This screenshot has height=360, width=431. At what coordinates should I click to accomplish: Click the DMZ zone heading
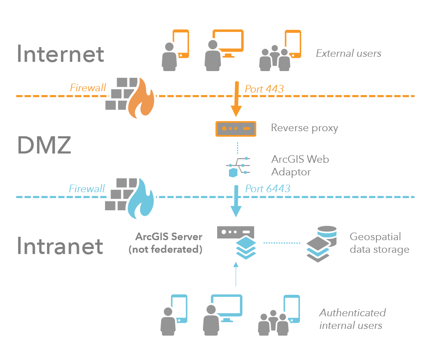click(x=44, y=146)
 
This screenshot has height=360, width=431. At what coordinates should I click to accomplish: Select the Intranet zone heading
click(x=60, y=246)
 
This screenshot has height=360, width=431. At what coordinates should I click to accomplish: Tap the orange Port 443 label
click(x=264, y=89)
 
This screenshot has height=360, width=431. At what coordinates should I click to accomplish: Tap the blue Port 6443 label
click(x=268, y=188)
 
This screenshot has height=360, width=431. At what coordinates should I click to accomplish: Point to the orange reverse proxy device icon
click(x=236, y=128)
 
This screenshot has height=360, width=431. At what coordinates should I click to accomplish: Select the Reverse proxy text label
click(x=304, y=128)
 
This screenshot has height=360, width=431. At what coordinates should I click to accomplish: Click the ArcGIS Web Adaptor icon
click(x=238, y=166)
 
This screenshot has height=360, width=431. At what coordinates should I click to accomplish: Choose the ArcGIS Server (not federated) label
click(x=166, y=243)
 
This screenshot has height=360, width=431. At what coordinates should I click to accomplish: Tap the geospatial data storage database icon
click(x=321, y=244)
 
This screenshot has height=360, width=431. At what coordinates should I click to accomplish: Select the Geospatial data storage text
click(x=379, y=243)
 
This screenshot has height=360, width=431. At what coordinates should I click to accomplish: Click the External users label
click(x=348, y=53)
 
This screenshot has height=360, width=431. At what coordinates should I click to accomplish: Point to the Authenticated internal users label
click(x=352, y=319)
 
